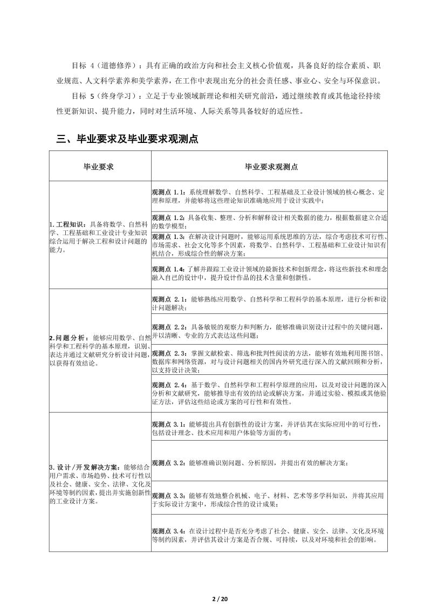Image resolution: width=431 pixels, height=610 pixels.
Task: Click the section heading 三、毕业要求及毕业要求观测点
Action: pyautogui.click(x=127, y=139)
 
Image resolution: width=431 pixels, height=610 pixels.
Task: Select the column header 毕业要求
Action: pyautogui.click(x=100, y=167)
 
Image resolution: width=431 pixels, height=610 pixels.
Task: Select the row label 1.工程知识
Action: pyautogui.click(x=69, y=224)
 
